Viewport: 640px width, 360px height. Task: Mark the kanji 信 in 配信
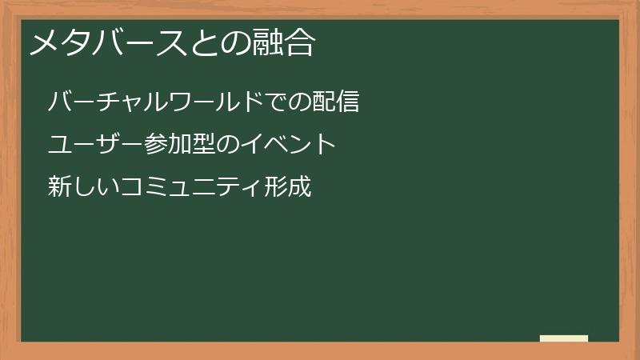click(346, 102)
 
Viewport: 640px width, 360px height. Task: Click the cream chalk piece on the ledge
click(564, 338)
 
